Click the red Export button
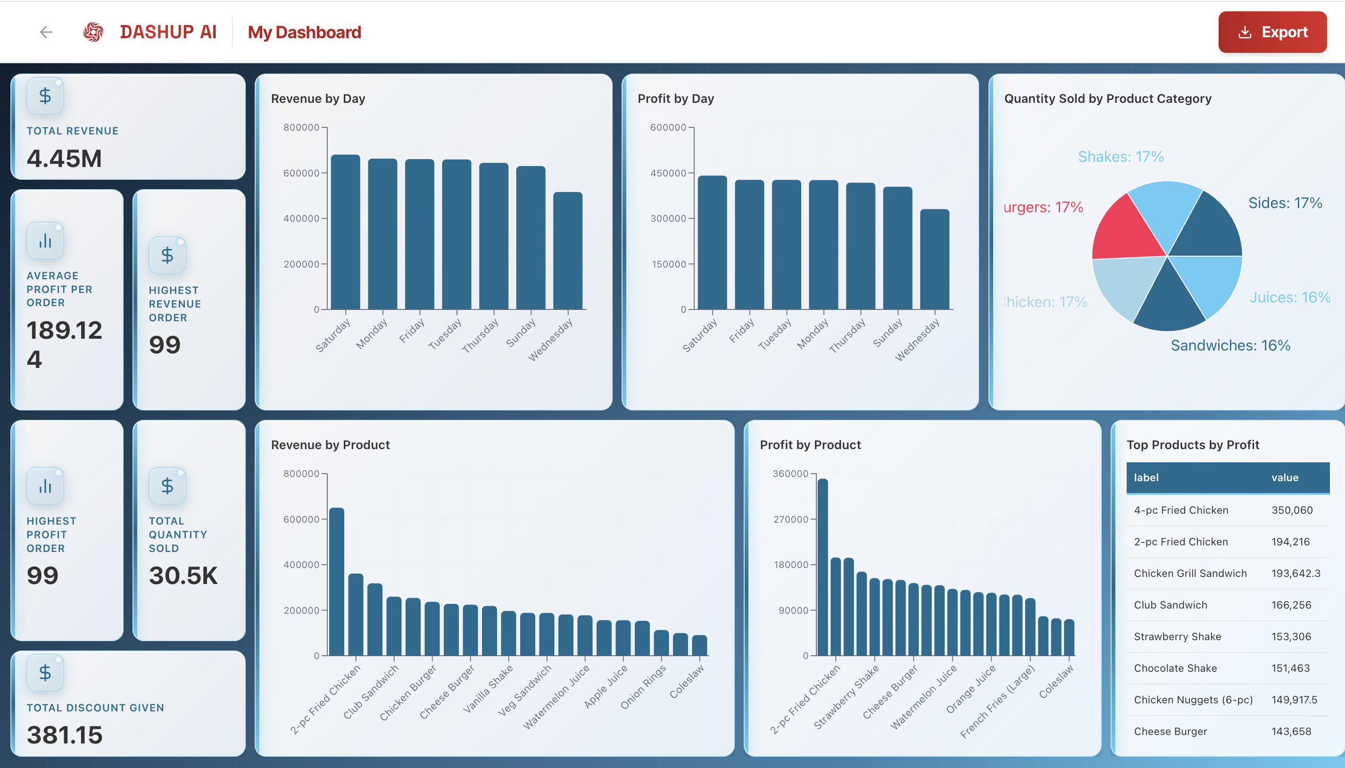[1272, 32]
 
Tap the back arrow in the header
[46, 32]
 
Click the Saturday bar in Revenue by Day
[345, 232]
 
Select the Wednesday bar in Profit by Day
[934, 259]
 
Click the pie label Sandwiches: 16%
[1230, 345]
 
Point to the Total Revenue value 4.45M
[64, 158]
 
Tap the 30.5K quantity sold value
[183, 576]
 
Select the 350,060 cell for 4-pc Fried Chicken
[1292, 510]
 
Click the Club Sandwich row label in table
[1170, 605]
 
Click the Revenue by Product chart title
[330, 445]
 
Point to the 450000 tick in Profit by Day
[667, 173]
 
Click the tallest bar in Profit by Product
[822, 567]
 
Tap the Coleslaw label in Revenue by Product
[687, 682]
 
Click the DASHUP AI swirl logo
[93, 32]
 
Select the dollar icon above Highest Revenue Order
[167, 255]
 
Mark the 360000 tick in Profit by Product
[790, 474]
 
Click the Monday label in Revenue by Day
[371, 334]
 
